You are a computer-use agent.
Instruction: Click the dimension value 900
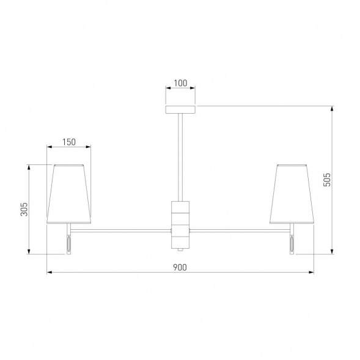180,267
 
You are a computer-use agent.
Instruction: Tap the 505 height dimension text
327,180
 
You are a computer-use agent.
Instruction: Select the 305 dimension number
24,209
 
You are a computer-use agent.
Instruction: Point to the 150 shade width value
69,142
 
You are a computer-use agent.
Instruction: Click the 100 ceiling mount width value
180,83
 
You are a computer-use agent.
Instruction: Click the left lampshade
68,194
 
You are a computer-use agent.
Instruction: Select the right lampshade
292,194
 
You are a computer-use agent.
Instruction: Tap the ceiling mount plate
180,109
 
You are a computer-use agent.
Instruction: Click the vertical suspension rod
180,157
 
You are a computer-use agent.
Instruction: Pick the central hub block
180,226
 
